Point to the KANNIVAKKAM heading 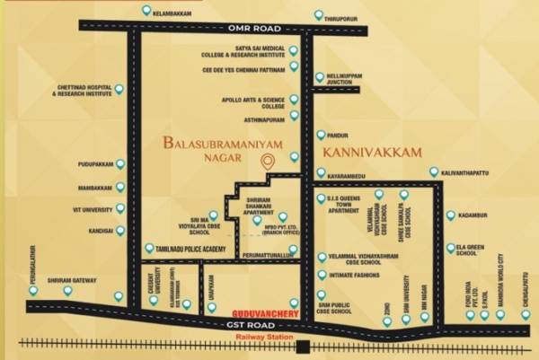pyautogui.click(x=371, y=154)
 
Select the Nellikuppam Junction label pyautogui.click(x=347, y=80)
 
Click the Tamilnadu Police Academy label pyautogui.click(x=199, y=248)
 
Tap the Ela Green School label pyautogui.click(x=476, y=249)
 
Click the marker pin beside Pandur pyautogui.click(x=322, y=135)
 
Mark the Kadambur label pyautogui.click(x=475, y=215)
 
